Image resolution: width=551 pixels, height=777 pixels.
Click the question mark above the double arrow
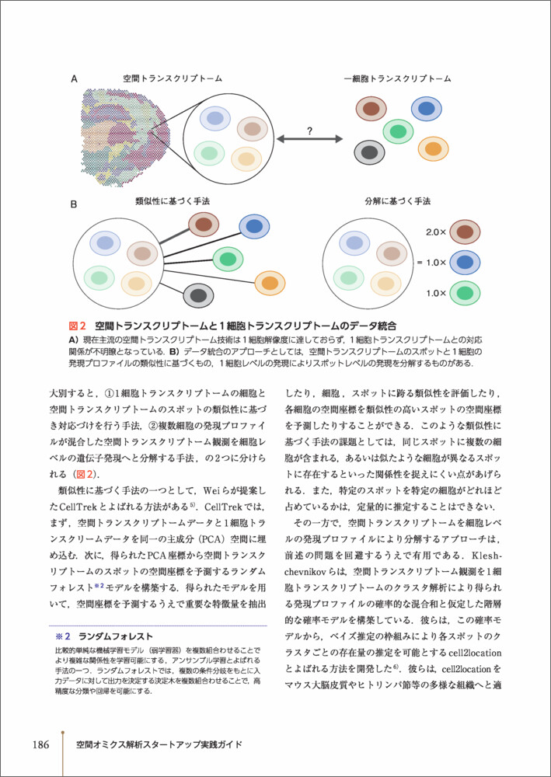pos(309,131)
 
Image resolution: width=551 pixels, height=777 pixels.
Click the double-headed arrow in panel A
pos(309,140)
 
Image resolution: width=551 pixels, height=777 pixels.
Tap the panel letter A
pos(74,78)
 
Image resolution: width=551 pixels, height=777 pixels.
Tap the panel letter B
pos(74,205)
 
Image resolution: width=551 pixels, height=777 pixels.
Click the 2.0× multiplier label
pos(436,232)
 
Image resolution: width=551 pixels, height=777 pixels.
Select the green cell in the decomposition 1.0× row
pos(466,294)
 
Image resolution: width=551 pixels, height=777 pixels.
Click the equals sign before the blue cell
pos(420,263)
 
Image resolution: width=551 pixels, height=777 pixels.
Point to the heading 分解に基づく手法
pos(396,201)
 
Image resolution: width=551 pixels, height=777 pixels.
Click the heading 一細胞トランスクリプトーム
pos(397,78)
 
